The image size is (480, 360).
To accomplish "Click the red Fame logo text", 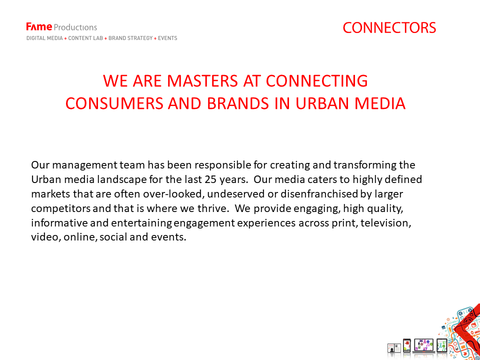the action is pyautogui.click(x=39, y=27).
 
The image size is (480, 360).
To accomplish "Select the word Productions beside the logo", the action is pyautogui.click(x=75, y=27).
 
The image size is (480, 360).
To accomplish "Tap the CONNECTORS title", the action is pyautogui.click(x=389, y=28).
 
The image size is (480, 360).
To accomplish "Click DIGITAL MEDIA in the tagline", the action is pyautogui.click(x=44, y=38).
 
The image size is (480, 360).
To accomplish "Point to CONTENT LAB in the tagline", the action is pyautogui.click(x=85, y=38).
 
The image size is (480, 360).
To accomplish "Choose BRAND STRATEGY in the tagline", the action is pyautogui.click(x=130, y=38).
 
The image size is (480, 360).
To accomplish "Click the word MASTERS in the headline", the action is pyautogui.click(x=202, y=81).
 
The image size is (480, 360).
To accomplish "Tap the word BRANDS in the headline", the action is pyautogui.click(x=238, y=103).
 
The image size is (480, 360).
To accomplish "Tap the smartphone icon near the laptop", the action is pyautogui.click(x=406, y=346).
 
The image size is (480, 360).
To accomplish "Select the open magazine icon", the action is pyautogui.click(x=394, y=348).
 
